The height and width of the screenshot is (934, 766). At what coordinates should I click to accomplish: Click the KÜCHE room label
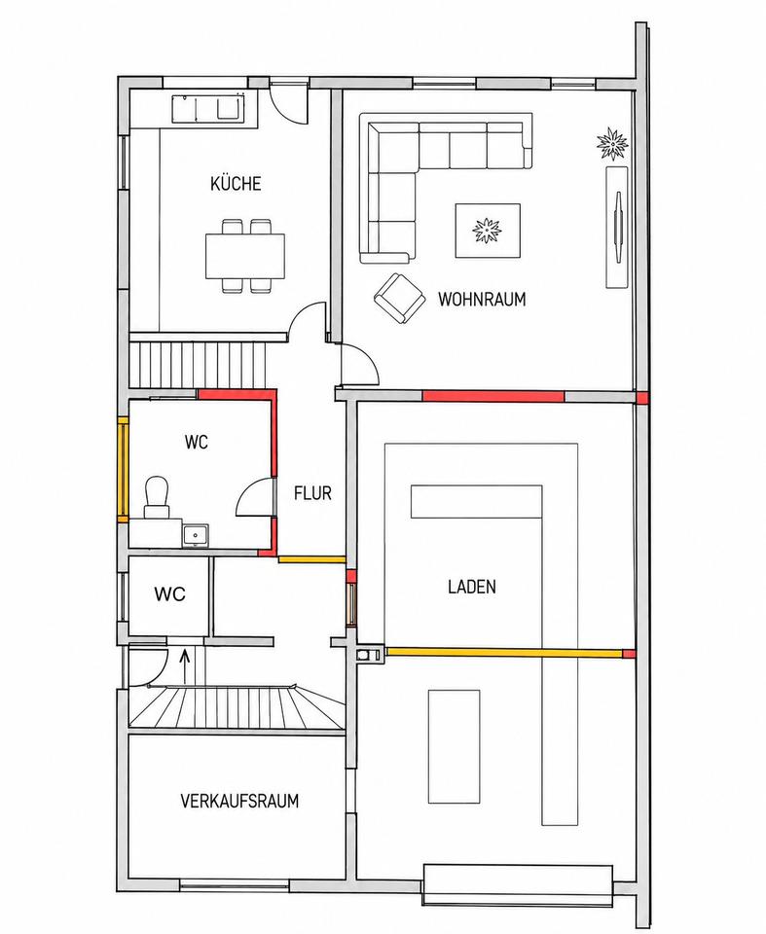236,183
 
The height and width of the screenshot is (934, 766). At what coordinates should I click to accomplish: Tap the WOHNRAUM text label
482,299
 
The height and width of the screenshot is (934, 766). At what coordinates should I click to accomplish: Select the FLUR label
312,493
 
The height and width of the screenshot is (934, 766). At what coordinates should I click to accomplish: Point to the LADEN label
471,587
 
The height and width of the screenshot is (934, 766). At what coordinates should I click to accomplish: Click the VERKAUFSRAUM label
239,801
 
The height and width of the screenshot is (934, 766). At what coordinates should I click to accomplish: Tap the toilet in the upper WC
158,496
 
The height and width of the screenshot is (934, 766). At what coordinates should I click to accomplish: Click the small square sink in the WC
195,535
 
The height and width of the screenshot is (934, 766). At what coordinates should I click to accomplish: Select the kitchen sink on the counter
209,108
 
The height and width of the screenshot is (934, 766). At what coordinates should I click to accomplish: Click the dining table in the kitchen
245,256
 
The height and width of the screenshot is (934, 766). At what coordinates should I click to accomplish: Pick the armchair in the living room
399,299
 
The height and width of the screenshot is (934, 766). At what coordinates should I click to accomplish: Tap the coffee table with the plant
488,231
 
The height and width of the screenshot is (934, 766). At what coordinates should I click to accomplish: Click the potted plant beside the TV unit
612,143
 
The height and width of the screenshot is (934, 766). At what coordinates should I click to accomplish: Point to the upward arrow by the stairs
185,661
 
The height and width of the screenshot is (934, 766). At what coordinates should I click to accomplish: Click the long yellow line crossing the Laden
504,653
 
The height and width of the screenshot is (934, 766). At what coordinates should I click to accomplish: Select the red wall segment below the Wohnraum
492,396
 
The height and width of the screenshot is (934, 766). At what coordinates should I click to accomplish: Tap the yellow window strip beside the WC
123,470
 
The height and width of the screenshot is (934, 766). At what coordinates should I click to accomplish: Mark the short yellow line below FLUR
311,559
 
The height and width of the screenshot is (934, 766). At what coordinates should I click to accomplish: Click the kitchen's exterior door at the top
288,101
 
